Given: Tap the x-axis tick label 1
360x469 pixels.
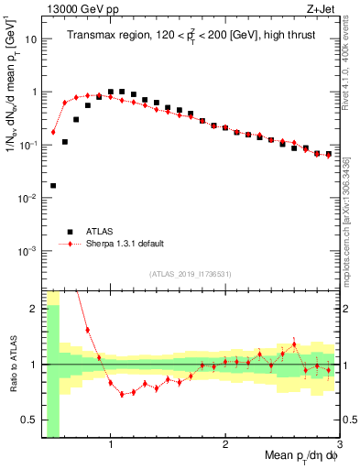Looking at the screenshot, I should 111,447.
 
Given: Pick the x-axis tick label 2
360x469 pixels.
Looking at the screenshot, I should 225,447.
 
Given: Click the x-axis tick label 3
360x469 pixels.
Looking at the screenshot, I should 338,447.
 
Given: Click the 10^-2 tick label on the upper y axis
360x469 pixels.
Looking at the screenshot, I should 28,198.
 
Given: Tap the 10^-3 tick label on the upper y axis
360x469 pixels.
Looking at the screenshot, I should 28,251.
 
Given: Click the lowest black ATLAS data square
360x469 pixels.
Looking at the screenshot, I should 53,185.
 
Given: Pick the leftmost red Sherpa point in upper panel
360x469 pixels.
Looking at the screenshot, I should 53,132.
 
